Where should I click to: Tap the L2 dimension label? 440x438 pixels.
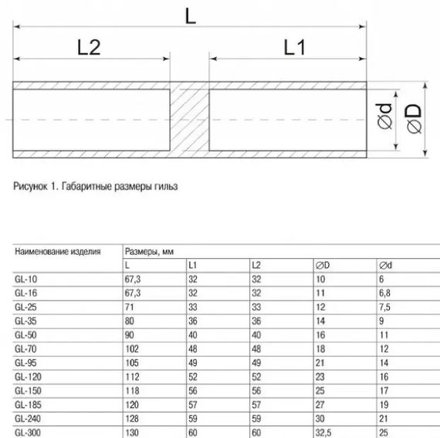[90, 48]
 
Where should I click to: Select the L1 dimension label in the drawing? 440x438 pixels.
[296, 48]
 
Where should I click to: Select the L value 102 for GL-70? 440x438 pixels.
[133, 349]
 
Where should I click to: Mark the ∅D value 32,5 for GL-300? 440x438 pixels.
[325, 433]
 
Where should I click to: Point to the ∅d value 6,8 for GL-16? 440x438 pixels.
[386, 294]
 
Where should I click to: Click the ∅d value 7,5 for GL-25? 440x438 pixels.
[386, 307]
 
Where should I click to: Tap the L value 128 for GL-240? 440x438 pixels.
[133, 419]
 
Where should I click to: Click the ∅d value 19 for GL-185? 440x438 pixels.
[384, 405]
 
